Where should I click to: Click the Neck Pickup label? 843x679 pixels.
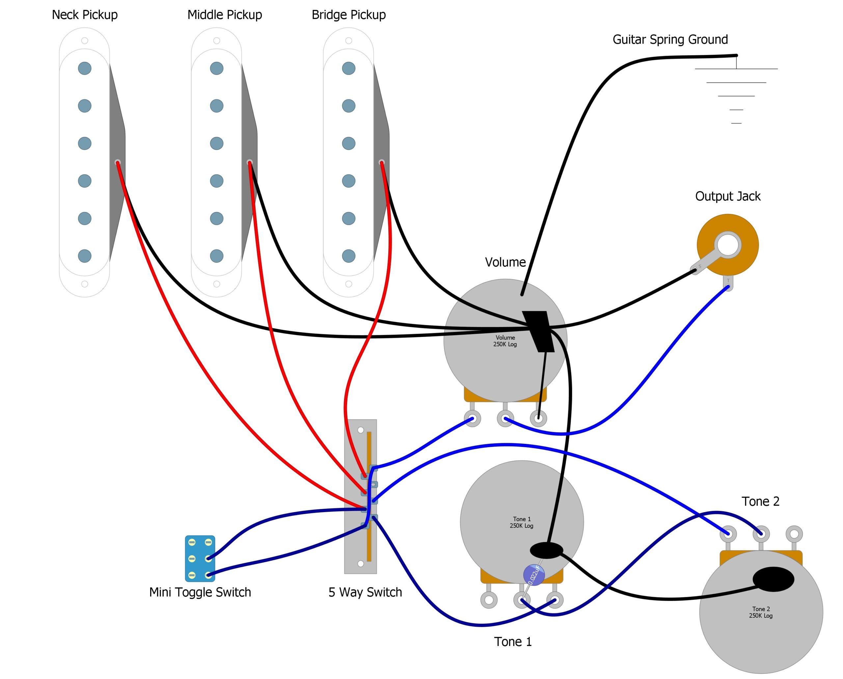tap(85, 15)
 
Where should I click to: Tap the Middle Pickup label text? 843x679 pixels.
tap(225, 15)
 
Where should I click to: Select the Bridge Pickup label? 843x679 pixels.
tap(348, 15)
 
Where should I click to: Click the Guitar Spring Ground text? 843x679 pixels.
tap(670, 40)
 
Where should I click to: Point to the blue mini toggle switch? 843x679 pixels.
tap(200, 558)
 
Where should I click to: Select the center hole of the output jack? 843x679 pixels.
tap(728, 245)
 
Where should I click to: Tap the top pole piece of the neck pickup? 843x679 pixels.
tap(85, 68)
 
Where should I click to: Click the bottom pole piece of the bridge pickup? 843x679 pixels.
tap(348, 256)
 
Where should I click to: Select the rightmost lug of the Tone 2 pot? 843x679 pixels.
tap(794, 533)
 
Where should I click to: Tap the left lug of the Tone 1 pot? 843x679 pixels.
tap(489, 600)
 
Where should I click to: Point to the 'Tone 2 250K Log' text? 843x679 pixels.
tap(760, 612)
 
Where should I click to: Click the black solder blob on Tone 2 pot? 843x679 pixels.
tap(774, 579)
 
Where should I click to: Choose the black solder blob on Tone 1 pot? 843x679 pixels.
tap(546, 550)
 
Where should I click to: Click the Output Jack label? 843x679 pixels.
tap(728, 196)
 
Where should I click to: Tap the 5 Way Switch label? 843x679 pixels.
tap(365, 592)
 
